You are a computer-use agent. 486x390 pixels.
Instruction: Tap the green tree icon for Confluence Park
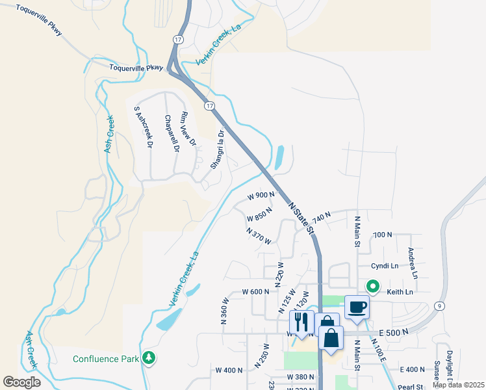tap(149, 358)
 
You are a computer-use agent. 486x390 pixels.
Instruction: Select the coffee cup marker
tap(356, 306)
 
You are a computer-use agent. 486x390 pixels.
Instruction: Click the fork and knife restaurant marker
tap(301, 322)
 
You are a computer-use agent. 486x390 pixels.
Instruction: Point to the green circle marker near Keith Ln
tap(373, 286)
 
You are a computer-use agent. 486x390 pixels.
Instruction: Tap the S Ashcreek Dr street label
tap(143, 128)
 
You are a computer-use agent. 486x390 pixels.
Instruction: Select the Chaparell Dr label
tap(172, 133)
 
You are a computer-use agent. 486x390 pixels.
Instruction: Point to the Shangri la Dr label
tap(217, 149)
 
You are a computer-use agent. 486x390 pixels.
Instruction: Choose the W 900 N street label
tap(261, 195)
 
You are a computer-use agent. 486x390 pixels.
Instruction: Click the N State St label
tap(301, 217)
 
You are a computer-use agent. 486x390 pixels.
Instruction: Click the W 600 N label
tap(256, 292)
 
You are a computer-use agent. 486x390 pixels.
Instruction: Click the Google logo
tap(22, 382)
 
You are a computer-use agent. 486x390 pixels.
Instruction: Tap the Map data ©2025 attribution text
tap(458, 385)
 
